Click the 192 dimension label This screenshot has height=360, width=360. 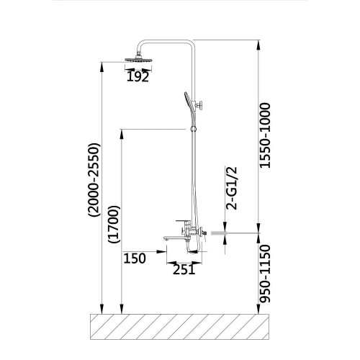(138, 76)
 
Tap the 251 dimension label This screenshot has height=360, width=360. (184, 270)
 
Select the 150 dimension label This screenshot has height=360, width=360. (135, 258)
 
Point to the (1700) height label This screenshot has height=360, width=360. (114, 224)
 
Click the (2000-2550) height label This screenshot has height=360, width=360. (94, 180)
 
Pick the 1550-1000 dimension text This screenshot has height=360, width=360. (265, 135)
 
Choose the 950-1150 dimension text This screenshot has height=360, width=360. (265, 274)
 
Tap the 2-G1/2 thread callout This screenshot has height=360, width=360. (232, 188)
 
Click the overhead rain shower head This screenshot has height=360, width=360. (139, 59)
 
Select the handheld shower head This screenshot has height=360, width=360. (190, 104)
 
